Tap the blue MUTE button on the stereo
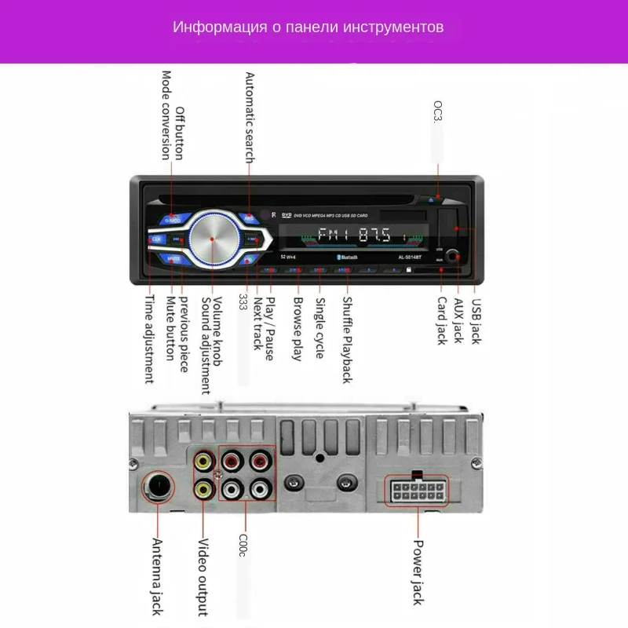click(173, 256)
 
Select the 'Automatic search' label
click(250, 118)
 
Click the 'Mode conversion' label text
click(166, 115)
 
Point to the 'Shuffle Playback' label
click(346, 339)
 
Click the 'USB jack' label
click(476, 319)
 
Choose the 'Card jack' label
click(441, 320)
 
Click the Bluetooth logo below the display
click(345, 257)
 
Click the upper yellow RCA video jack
click(204, 462)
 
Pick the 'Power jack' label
click(418, 574)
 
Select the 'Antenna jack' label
click(156, 577)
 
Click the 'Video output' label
click(203, 577)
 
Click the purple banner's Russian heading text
click(309, 27)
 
